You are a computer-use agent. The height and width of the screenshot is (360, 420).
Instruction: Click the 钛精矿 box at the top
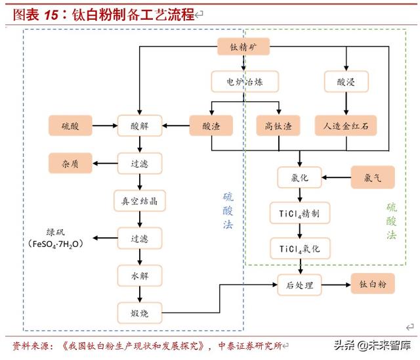click(244, 47)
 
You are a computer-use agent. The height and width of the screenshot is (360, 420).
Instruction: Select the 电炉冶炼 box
click(244, 82)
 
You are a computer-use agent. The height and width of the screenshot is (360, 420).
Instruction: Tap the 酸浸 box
click(345, 82)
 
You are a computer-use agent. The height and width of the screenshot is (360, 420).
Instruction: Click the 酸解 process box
click(139, 125)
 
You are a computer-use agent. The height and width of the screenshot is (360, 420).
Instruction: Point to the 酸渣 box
click(211, 125)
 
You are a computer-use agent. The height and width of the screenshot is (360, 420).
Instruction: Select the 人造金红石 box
click(346, 125)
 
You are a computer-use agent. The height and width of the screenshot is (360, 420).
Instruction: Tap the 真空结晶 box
click(139, 200)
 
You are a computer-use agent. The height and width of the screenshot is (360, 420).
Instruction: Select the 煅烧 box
click(139, 313)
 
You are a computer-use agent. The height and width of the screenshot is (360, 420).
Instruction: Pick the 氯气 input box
click(372, 177)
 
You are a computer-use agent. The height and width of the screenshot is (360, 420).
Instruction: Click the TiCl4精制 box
click(300, 213)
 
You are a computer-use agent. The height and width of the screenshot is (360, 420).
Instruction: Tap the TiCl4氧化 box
click(300, 248)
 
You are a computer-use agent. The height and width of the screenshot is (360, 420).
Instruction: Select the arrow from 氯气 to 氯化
click(337, 177)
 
